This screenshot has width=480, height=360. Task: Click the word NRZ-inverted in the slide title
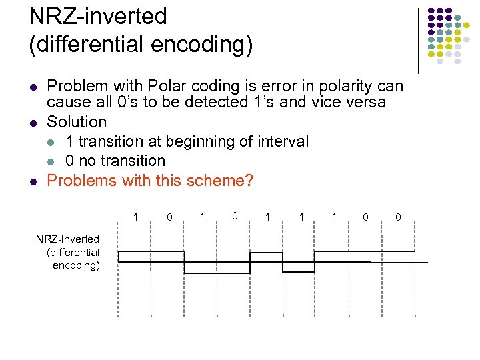[98, 16]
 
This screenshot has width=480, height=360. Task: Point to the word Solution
[77, 122]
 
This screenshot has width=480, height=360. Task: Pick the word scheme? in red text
[221, 181]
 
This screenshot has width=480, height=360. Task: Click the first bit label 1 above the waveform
[136, 217]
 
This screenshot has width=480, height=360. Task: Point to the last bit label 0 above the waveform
[398, 217]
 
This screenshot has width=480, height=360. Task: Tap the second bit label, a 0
[169, 217]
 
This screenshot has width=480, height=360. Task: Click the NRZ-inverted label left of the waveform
[67, 239]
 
